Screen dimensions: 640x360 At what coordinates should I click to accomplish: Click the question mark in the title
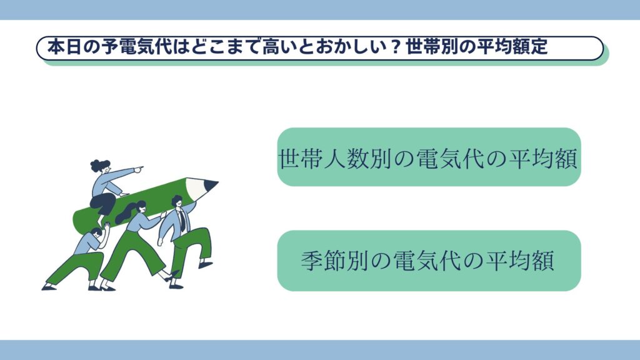tap(395, 47)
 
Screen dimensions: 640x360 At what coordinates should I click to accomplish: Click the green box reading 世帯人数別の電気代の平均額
tap(429, 157)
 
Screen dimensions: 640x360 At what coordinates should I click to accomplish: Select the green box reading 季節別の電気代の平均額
tap(429, 261)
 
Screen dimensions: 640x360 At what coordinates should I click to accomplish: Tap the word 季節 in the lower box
tap(323, 261)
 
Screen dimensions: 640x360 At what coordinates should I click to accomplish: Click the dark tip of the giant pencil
tap(211, 185)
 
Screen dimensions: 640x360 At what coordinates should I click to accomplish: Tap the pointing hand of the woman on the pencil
tap(139, 168)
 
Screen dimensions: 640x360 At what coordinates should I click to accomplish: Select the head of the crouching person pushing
tap(96, 232)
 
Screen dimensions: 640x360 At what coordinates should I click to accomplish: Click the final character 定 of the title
tap(539, 47)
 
